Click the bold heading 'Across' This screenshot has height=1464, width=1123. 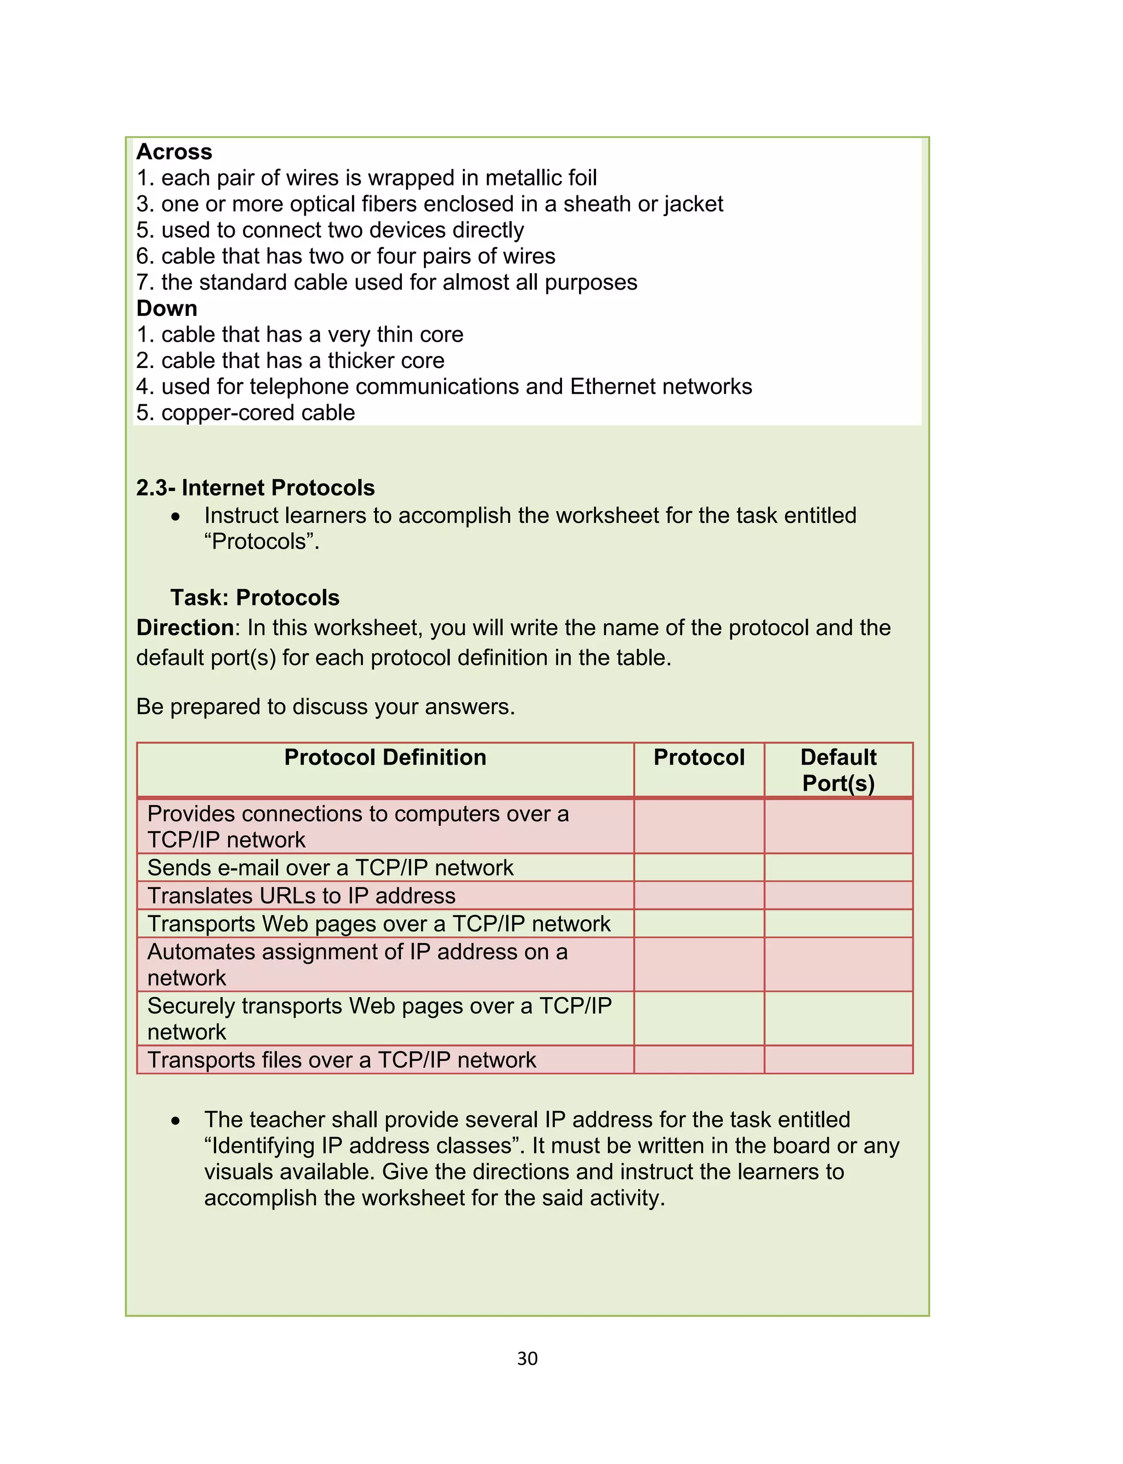point(174,152)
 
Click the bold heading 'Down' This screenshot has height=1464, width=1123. point(167,308)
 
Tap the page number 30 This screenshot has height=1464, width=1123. point(527,1358)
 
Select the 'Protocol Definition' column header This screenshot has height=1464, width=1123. point(385,758)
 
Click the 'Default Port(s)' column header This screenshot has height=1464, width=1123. point(838,770)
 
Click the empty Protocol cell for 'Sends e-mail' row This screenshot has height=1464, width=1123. point(699,868)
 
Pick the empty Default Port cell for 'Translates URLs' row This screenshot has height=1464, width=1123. point(838,896)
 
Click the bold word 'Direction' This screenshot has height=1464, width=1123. point(184,628)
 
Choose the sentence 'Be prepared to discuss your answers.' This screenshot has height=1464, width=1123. point(326,706)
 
